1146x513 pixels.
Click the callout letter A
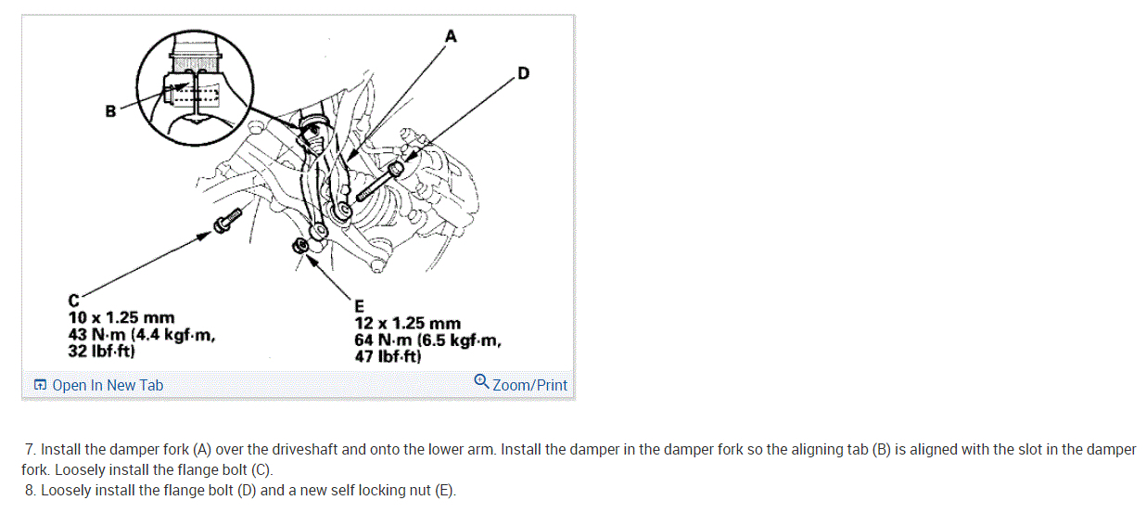point(451,36)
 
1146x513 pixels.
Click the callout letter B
point(110,111)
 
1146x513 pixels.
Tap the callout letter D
point(523,73)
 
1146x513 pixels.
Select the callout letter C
point(73,301)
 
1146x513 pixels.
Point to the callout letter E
point(359,306)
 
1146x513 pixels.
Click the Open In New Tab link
point(98,385)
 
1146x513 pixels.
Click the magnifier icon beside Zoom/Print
point(481,381)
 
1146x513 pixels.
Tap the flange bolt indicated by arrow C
point(226,221)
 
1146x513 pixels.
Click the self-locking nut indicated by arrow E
point(299,246)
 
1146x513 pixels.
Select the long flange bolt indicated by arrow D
point(379,181)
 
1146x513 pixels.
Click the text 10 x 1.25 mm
point(121,317)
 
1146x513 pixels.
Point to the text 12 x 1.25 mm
point(407,324)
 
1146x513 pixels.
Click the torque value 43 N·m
point(96,335)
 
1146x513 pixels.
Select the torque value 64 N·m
point(383,340)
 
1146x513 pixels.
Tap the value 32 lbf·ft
point(101,352)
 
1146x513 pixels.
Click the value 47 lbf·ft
point(388,356)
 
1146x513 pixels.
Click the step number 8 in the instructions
point(31,491)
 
